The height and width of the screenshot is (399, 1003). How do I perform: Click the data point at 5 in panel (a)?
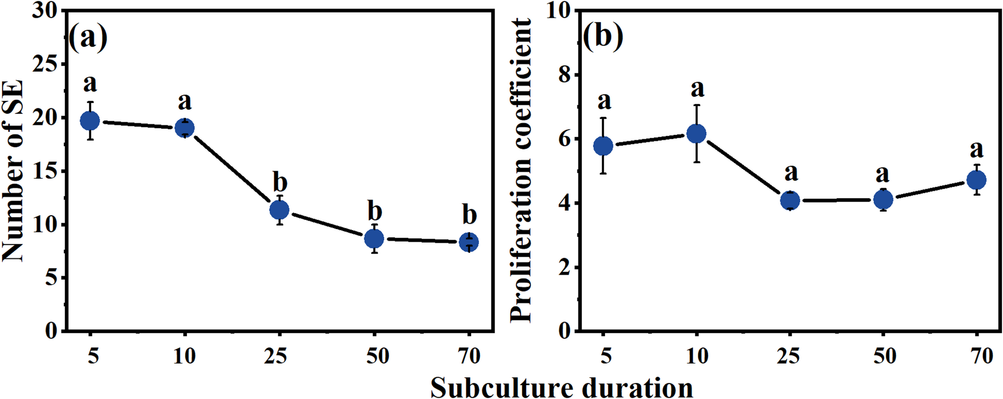90,120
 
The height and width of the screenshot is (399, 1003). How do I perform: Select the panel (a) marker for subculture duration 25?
279,210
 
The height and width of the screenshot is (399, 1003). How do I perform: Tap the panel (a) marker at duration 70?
469,242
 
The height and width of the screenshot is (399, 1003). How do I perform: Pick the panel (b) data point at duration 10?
696,134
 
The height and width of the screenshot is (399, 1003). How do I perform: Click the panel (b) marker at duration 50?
883,200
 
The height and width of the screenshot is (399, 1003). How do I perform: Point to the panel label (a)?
88,38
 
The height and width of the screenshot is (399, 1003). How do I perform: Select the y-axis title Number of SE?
13,171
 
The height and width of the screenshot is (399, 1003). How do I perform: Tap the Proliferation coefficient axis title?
521,171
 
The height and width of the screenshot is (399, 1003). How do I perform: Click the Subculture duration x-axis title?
561,388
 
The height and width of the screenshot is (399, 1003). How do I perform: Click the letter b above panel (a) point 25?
280,182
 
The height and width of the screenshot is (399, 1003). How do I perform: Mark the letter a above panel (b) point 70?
977,149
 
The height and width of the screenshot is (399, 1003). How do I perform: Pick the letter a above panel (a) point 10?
185,101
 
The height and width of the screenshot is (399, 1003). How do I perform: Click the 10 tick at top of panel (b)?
558,11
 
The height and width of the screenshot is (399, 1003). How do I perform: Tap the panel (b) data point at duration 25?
790,201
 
